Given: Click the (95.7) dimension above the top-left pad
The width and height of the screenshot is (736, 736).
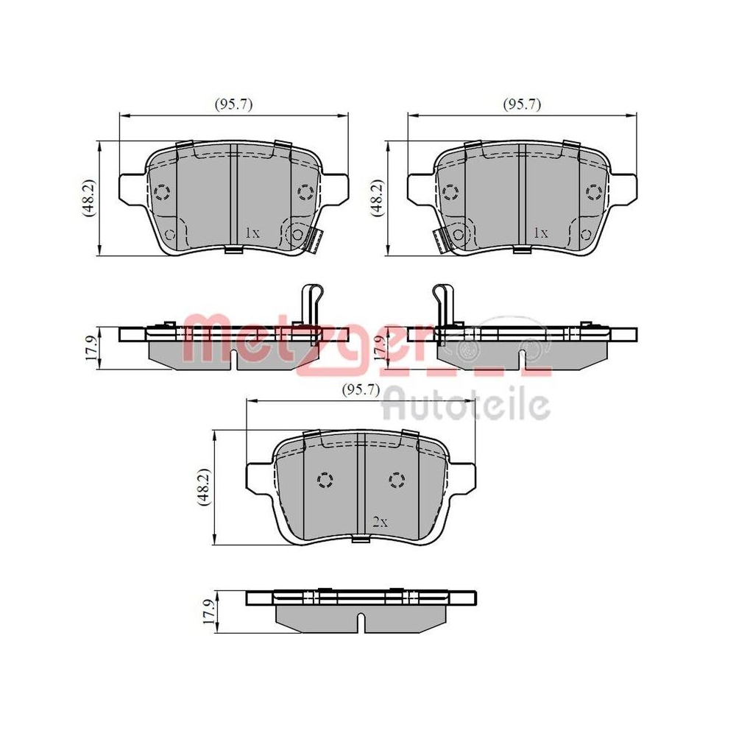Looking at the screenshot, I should click(234, 105).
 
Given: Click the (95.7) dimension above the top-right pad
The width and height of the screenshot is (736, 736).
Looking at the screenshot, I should click(522, 105).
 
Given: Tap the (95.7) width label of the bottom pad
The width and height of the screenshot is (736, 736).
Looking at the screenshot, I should click(360, 391).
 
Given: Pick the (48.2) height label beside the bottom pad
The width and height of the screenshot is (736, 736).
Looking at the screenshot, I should click(207, 486).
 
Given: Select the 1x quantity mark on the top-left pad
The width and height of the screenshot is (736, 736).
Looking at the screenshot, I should click(252, 233).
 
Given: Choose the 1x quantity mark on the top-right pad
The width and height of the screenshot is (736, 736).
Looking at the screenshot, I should click(540, 233).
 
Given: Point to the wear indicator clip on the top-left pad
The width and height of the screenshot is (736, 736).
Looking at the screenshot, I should click(316, 238).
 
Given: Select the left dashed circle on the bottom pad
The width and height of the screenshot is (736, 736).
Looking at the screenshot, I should click(324, 481).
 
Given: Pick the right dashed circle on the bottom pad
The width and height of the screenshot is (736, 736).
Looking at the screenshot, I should click(396, 481).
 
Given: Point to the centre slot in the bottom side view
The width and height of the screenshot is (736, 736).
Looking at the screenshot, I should click(360, 621).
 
